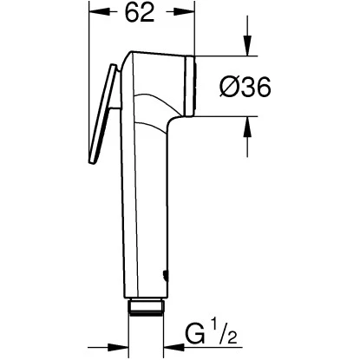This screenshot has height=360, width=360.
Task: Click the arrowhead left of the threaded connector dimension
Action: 121,343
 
